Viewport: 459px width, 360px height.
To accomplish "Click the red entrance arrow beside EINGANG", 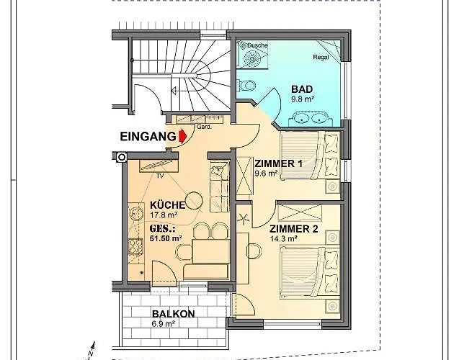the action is pos(183,136).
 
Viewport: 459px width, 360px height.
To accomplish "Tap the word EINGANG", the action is pos(148,137).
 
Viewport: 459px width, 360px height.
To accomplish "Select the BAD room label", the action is pos(302,89).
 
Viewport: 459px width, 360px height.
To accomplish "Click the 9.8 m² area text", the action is pos(303,99).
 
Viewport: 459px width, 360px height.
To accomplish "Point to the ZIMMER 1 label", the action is pos(278,163).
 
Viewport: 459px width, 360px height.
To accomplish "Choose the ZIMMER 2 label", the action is pos(293,229).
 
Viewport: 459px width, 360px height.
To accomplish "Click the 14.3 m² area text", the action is pos(284,238).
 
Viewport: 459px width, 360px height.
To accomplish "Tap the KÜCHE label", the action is pos(167,204).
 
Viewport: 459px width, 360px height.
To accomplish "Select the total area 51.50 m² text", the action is pos(166,238).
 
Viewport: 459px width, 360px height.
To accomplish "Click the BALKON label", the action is pos(173,314).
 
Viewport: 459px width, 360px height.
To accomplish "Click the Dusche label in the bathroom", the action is pos(258,45).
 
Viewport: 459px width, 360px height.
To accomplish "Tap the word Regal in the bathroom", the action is pos(321,58).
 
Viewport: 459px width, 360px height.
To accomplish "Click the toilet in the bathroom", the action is pos(246,86).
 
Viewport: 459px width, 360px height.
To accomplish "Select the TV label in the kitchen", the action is pos(160,176).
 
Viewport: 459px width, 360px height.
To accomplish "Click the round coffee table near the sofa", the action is pos(194,200).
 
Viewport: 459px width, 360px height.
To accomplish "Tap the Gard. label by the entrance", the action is pos(204,127).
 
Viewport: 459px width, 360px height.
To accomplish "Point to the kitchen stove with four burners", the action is pos(135,246).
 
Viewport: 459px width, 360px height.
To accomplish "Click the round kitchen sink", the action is pos(135,214).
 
